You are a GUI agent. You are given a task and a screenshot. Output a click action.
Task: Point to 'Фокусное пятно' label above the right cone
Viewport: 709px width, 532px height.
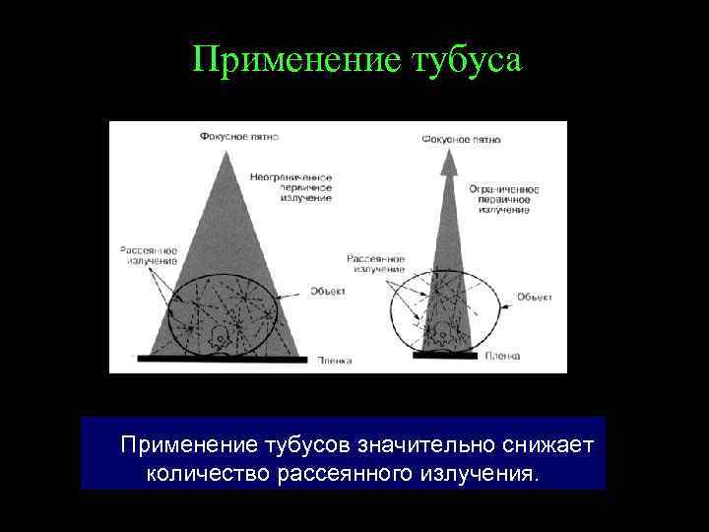[x=461, y=140]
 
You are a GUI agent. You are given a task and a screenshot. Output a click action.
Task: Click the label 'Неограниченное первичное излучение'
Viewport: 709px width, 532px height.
[x=290, y=187]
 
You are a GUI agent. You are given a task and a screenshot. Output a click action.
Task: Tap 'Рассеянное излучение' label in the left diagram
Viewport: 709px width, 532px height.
[x=148, y=255]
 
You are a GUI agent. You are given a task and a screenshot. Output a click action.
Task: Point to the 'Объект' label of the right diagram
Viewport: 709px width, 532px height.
[x=535, y=297]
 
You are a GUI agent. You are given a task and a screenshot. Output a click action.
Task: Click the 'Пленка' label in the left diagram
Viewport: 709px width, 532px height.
[x=335, y=362]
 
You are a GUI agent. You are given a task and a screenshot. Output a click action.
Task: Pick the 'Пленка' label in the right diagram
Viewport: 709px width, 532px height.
[x=502, y=355]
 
